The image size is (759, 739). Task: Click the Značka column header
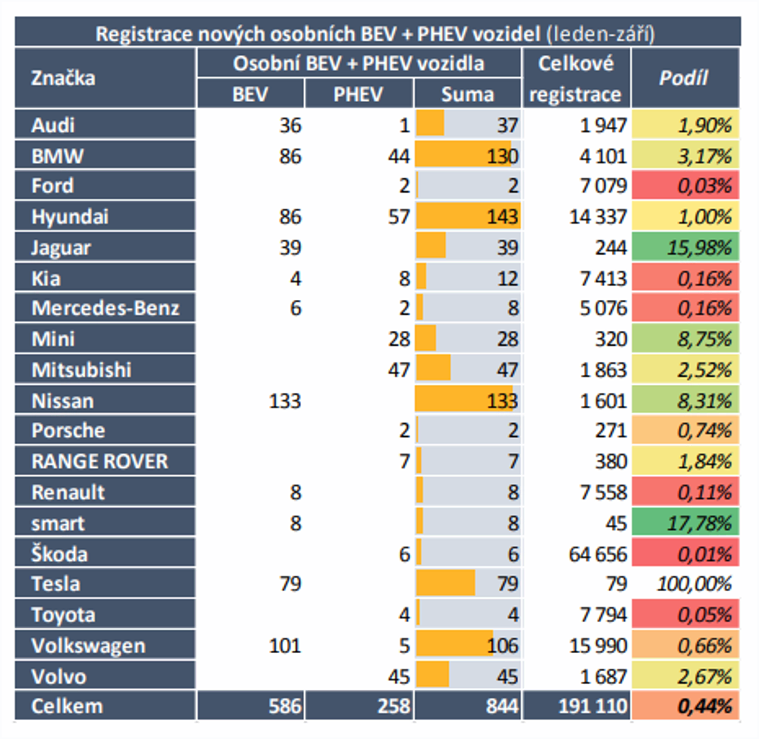coord(63,78)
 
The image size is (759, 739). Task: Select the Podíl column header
coord(684,78)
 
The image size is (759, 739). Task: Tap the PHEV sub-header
coord(358,94)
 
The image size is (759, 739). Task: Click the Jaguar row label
coord(61,247)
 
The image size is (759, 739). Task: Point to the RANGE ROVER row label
coord(100,461)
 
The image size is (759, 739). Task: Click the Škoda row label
coord(59,554)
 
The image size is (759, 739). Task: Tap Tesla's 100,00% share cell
coord(694,584)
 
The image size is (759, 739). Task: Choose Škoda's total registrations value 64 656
coord(598,554)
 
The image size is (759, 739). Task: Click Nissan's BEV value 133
coord(285,400)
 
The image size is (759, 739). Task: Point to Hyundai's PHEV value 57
coord(399,217)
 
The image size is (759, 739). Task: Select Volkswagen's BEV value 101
coord(285,646)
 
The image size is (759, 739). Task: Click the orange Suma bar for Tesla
coord(445,583)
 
